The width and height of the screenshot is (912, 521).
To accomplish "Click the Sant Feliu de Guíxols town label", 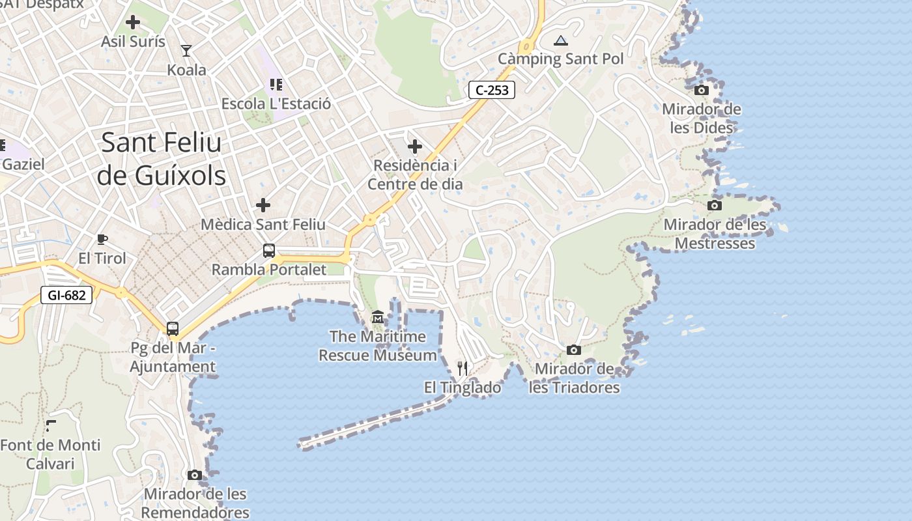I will click(x=162, y=159).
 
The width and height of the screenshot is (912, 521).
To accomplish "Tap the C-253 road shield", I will click(x=492, y=90).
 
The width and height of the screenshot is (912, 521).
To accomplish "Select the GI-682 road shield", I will click(x=66, y=295).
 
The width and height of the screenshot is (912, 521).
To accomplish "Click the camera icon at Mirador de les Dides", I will click(x=702, y=90).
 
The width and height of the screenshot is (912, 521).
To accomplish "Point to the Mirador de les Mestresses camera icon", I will click(x=715, y=205).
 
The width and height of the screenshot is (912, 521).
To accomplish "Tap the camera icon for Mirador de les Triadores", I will click(x=574, y=350).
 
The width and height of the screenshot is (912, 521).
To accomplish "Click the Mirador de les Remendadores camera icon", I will click(x=195, y=475).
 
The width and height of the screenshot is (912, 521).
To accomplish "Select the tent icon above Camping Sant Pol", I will click(x=561, y=40).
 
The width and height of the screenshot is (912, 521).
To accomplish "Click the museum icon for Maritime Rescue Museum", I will click(x=378, y=317).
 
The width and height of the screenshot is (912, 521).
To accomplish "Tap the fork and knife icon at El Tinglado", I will click(x=463, y=369).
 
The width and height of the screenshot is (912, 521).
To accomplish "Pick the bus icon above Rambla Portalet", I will click(x=268, y=250).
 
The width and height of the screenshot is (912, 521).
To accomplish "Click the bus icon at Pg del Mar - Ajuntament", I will click(x=173, y=329).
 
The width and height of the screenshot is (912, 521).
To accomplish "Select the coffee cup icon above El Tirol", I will click(x=102, y=239).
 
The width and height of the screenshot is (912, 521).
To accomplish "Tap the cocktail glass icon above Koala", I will click(x=186, y=50).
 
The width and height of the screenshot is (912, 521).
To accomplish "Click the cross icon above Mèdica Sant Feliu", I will click(x=263, y=205).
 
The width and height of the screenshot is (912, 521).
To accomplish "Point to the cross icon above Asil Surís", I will click(x=133, y=22).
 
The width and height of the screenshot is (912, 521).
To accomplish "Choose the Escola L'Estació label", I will click(x=276, y=104).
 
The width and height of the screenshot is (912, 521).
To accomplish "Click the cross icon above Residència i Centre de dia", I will click(x=415, y=146).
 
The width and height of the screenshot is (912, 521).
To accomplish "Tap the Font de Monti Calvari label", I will click(x=51, y=455).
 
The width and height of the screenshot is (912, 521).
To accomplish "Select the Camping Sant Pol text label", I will click(x=561, y=59).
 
